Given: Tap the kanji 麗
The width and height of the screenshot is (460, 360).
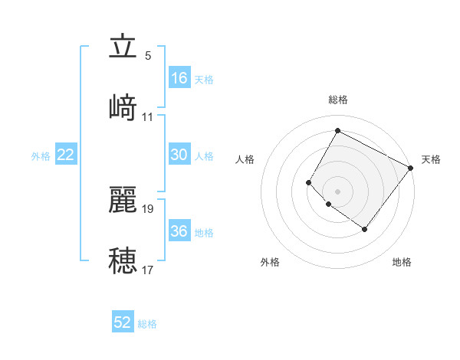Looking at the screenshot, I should (123, 198).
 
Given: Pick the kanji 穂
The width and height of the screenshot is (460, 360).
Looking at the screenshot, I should (123, 260).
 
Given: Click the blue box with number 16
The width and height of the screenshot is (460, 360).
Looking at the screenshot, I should (179, 77).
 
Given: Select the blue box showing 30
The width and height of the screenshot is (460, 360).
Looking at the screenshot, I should (179, 155).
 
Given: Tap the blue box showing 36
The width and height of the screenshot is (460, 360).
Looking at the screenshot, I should (179, 231).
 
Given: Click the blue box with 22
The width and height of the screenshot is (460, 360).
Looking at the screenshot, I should (66, 155).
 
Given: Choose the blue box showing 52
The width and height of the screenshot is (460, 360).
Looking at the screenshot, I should (123, 322).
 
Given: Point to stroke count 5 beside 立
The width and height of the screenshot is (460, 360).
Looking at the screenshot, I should (148, 56).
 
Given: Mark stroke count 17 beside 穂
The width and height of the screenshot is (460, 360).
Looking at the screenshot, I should (148, 270).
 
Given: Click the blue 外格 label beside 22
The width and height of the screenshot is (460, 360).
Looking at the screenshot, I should (41, 156).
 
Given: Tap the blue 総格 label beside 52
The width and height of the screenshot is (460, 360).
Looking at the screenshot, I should (147, 324).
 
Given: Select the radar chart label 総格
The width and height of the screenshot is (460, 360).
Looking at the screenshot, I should (338, 100).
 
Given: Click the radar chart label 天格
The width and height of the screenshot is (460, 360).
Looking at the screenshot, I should (431, 159).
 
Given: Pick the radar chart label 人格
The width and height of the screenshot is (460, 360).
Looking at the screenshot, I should (245, 159).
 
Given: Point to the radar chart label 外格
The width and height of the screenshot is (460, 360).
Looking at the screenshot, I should (270, 262).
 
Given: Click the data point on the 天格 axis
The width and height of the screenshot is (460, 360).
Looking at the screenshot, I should (411, 168).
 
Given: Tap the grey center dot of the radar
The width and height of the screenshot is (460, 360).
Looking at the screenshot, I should (337, 191).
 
